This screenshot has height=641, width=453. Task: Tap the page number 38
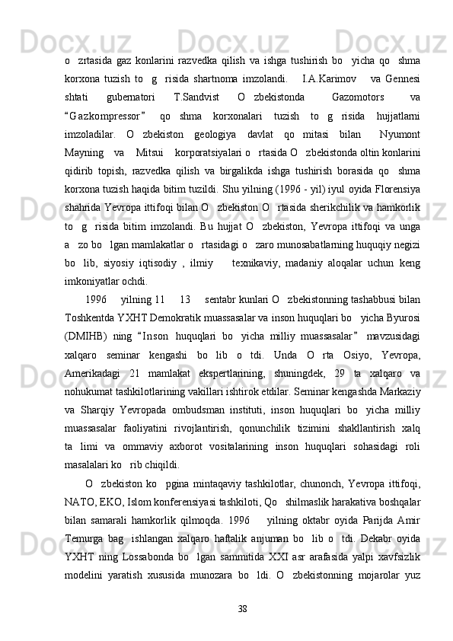click(x=242, y=629)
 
